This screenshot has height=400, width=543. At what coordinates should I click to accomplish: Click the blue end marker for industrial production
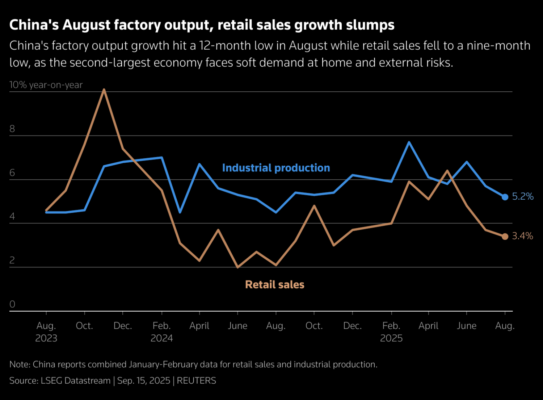pos(505,197)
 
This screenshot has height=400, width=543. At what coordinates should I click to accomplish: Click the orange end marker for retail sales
pos(505,237)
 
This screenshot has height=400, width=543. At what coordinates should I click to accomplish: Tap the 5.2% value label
pos(523,196)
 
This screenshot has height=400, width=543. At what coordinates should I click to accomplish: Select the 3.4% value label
pos(522,236)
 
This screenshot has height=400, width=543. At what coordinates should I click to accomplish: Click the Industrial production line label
pos(276,168)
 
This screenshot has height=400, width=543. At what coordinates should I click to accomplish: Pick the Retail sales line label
pos(275,284)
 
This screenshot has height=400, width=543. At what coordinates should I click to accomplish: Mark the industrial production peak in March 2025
pos(409,142)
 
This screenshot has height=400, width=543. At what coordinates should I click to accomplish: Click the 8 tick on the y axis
pos(12,129)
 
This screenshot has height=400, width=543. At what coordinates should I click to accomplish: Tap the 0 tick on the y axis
pos(12,304)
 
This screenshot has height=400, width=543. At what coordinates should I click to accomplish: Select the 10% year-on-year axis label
pos(46,85)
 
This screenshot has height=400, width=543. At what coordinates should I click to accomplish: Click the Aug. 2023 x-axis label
pos(46,332)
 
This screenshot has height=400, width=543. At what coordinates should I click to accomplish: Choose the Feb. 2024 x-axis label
pos(161,332)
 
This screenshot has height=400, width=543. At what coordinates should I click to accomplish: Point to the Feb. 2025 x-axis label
pos(391,332)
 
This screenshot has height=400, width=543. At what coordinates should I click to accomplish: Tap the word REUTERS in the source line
pos(196,380)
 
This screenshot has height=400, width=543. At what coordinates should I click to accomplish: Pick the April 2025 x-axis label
pos(428,326)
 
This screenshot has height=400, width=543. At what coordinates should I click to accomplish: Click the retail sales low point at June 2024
pos(237,267)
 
